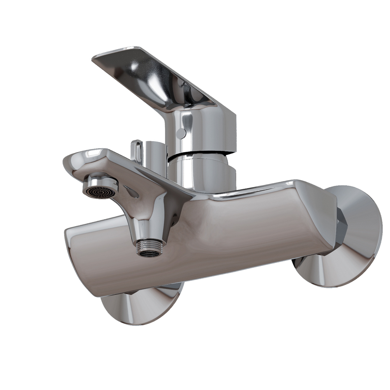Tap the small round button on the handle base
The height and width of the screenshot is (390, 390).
tap(181, 133)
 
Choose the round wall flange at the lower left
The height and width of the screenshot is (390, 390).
tap(140, 306)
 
